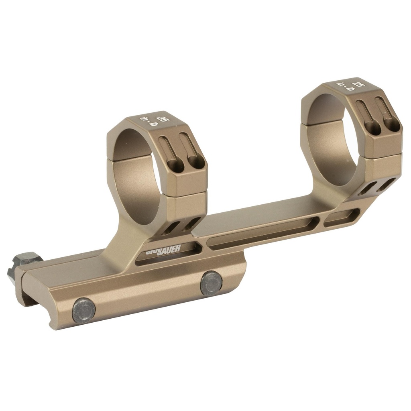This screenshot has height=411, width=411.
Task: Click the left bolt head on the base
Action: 84,310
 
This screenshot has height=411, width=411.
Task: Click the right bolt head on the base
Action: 211,283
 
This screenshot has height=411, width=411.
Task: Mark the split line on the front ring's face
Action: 187,193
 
